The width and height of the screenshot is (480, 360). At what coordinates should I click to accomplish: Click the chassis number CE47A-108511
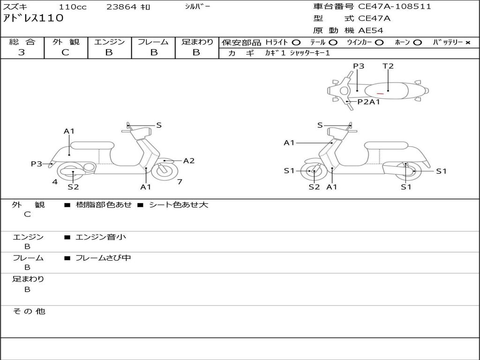tap(394, 7)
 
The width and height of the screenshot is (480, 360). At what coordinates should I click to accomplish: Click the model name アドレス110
tap(33, 19)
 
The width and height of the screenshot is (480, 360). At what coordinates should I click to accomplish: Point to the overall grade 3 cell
tap(22, 52)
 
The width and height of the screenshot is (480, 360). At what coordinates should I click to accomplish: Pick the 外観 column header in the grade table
tap(66, 42)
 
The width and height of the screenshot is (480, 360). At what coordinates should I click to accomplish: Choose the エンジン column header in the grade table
tap(109, 42)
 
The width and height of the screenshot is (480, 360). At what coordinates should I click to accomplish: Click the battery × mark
tap(467, 43)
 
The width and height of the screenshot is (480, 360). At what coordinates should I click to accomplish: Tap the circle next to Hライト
tap(296, 43)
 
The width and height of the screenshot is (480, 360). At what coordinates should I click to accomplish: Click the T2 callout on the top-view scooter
tap(388, 66)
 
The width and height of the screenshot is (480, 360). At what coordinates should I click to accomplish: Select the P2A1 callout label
tap(368, 102)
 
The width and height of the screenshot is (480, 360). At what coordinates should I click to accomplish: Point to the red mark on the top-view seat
tap(380, 94)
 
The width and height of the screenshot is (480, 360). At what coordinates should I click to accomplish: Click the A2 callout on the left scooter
tap(188, 161)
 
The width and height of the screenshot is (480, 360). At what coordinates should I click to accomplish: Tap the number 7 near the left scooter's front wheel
tap(180, 182)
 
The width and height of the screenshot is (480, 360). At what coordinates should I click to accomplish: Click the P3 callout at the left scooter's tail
tap(37, 164)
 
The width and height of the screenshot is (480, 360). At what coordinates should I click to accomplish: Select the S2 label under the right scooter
tap(314, 187)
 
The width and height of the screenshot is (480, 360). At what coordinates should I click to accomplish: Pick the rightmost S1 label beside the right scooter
tap(441, 171)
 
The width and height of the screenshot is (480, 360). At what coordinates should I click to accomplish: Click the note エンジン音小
tap(101, 237)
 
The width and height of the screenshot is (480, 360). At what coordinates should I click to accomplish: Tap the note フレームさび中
tap(103, 258)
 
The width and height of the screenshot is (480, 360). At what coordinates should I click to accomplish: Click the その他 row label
tap(29, 311)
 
